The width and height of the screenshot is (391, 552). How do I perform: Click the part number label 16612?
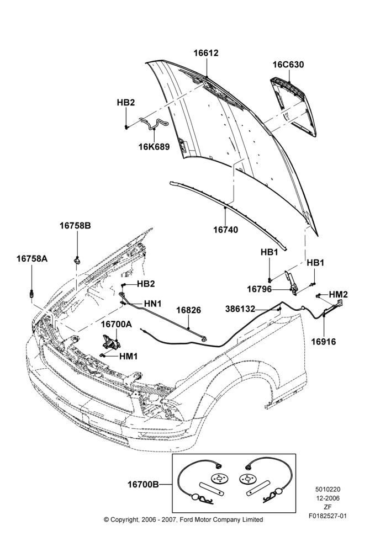pos(206,53)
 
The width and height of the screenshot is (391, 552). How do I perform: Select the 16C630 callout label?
pos(288,65)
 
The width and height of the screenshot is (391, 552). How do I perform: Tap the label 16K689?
pos(154,146)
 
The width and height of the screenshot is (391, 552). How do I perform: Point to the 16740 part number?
pos(225,230)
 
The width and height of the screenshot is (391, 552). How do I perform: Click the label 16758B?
pos(75,225)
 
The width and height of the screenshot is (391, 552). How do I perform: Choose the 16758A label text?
pos(32,259)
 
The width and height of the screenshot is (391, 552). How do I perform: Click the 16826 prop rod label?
pos(188,310)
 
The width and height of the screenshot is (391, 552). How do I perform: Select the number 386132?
pos(240,309)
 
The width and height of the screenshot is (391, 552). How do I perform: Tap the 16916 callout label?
pos(324,341)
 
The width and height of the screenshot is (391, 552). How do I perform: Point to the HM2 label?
pos(339,294)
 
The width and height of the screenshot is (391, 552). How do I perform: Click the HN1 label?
pos(152,304)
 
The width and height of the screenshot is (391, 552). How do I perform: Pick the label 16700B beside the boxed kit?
pos(143,485)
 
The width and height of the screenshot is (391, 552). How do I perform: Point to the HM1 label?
pos(128,356)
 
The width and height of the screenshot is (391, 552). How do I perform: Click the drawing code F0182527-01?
pos(327,516)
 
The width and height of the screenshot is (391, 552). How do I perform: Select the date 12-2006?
pos(327,498)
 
